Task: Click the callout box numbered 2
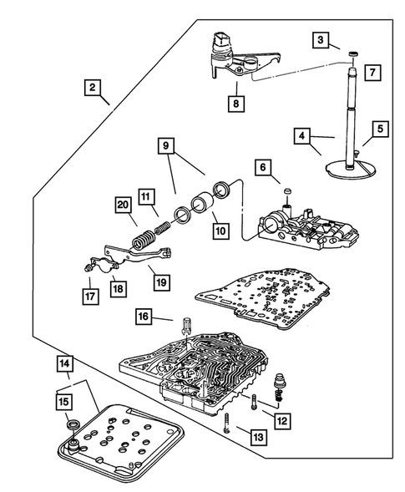(x=92, y=87)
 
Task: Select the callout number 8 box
(x=236, y=104)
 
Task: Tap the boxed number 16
(x=143, y=317)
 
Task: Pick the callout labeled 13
(x=259, y=437)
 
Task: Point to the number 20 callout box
(x=123, y=205)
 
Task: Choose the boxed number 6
(x=263, y=168)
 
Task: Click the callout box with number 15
(x=64, y=402)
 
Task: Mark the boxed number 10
(x=220, y=231)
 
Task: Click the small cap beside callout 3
(x=353, y=54)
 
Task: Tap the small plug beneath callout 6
(x=287, y=191)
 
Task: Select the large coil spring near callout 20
(x=143, y=240)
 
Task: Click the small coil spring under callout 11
(x=163, y=227)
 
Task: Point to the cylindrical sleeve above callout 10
(x=202, y=205)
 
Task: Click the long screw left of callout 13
(x=228, y=423)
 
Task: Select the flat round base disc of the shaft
(x=351, y=170)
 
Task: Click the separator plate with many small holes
(x=262, y=297)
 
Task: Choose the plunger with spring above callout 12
(x=279, y=388)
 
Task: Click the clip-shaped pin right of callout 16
(x=186, y=328)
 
